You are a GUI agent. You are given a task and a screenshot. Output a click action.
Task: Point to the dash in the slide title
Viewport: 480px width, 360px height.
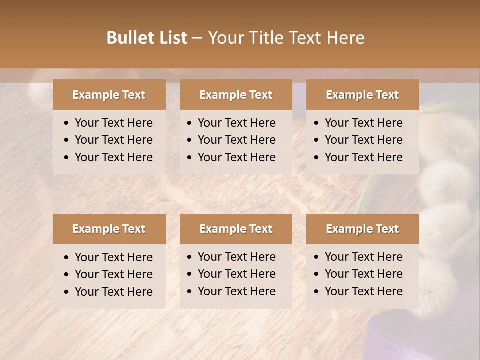pos(197,38)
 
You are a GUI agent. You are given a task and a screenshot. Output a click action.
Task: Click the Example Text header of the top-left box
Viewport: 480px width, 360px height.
pos(109,95)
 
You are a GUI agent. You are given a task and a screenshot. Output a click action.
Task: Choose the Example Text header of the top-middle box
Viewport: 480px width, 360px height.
pos(236,95)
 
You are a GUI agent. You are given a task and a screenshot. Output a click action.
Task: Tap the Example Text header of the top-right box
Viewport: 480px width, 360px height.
pos(362,95)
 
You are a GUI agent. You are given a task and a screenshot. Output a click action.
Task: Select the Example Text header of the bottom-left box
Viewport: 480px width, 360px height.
pos(109,229)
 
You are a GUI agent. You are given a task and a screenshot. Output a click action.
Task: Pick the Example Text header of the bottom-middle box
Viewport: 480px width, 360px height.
pos(236,229)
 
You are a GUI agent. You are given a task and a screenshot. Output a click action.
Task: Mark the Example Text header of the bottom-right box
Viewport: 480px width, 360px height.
pos(362,229)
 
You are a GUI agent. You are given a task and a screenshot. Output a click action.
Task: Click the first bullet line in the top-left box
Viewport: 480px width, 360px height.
pos(113,123)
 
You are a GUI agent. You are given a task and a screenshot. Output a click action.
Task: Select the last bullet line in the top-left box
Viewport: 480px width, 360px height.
pos(113,157)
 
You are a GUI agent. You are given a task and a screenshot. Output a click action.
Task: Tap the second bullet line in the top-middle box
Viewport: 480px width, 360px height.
pos(236,140)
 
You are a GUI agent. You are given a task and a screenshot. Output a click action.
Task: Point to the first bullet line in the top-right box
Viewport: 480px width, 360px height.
pos(363,123)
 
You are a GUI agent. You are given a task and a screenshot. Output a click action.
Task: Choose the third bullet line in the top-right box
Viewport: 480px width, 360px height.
pos(363,157)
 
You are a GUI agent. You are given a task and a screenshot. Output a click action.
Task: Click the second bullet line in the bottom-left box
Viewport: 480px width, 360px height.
pos(113,274)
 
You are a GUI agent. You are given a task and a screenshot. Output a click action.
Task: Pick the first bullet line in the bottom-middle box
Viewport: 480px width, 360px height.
pos(236,257)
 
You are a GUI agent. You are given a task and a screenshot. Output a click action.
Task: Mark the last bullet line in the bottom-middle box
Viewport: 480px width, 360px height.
pos(236,291)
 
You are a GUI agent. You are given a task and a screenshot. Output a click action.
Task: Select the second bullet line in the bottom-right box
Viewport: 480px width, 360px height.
pos(363,274)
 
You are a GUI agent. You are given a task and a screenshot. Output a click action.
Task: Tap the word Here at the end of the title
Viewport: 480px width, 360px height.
pos(345,38)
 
